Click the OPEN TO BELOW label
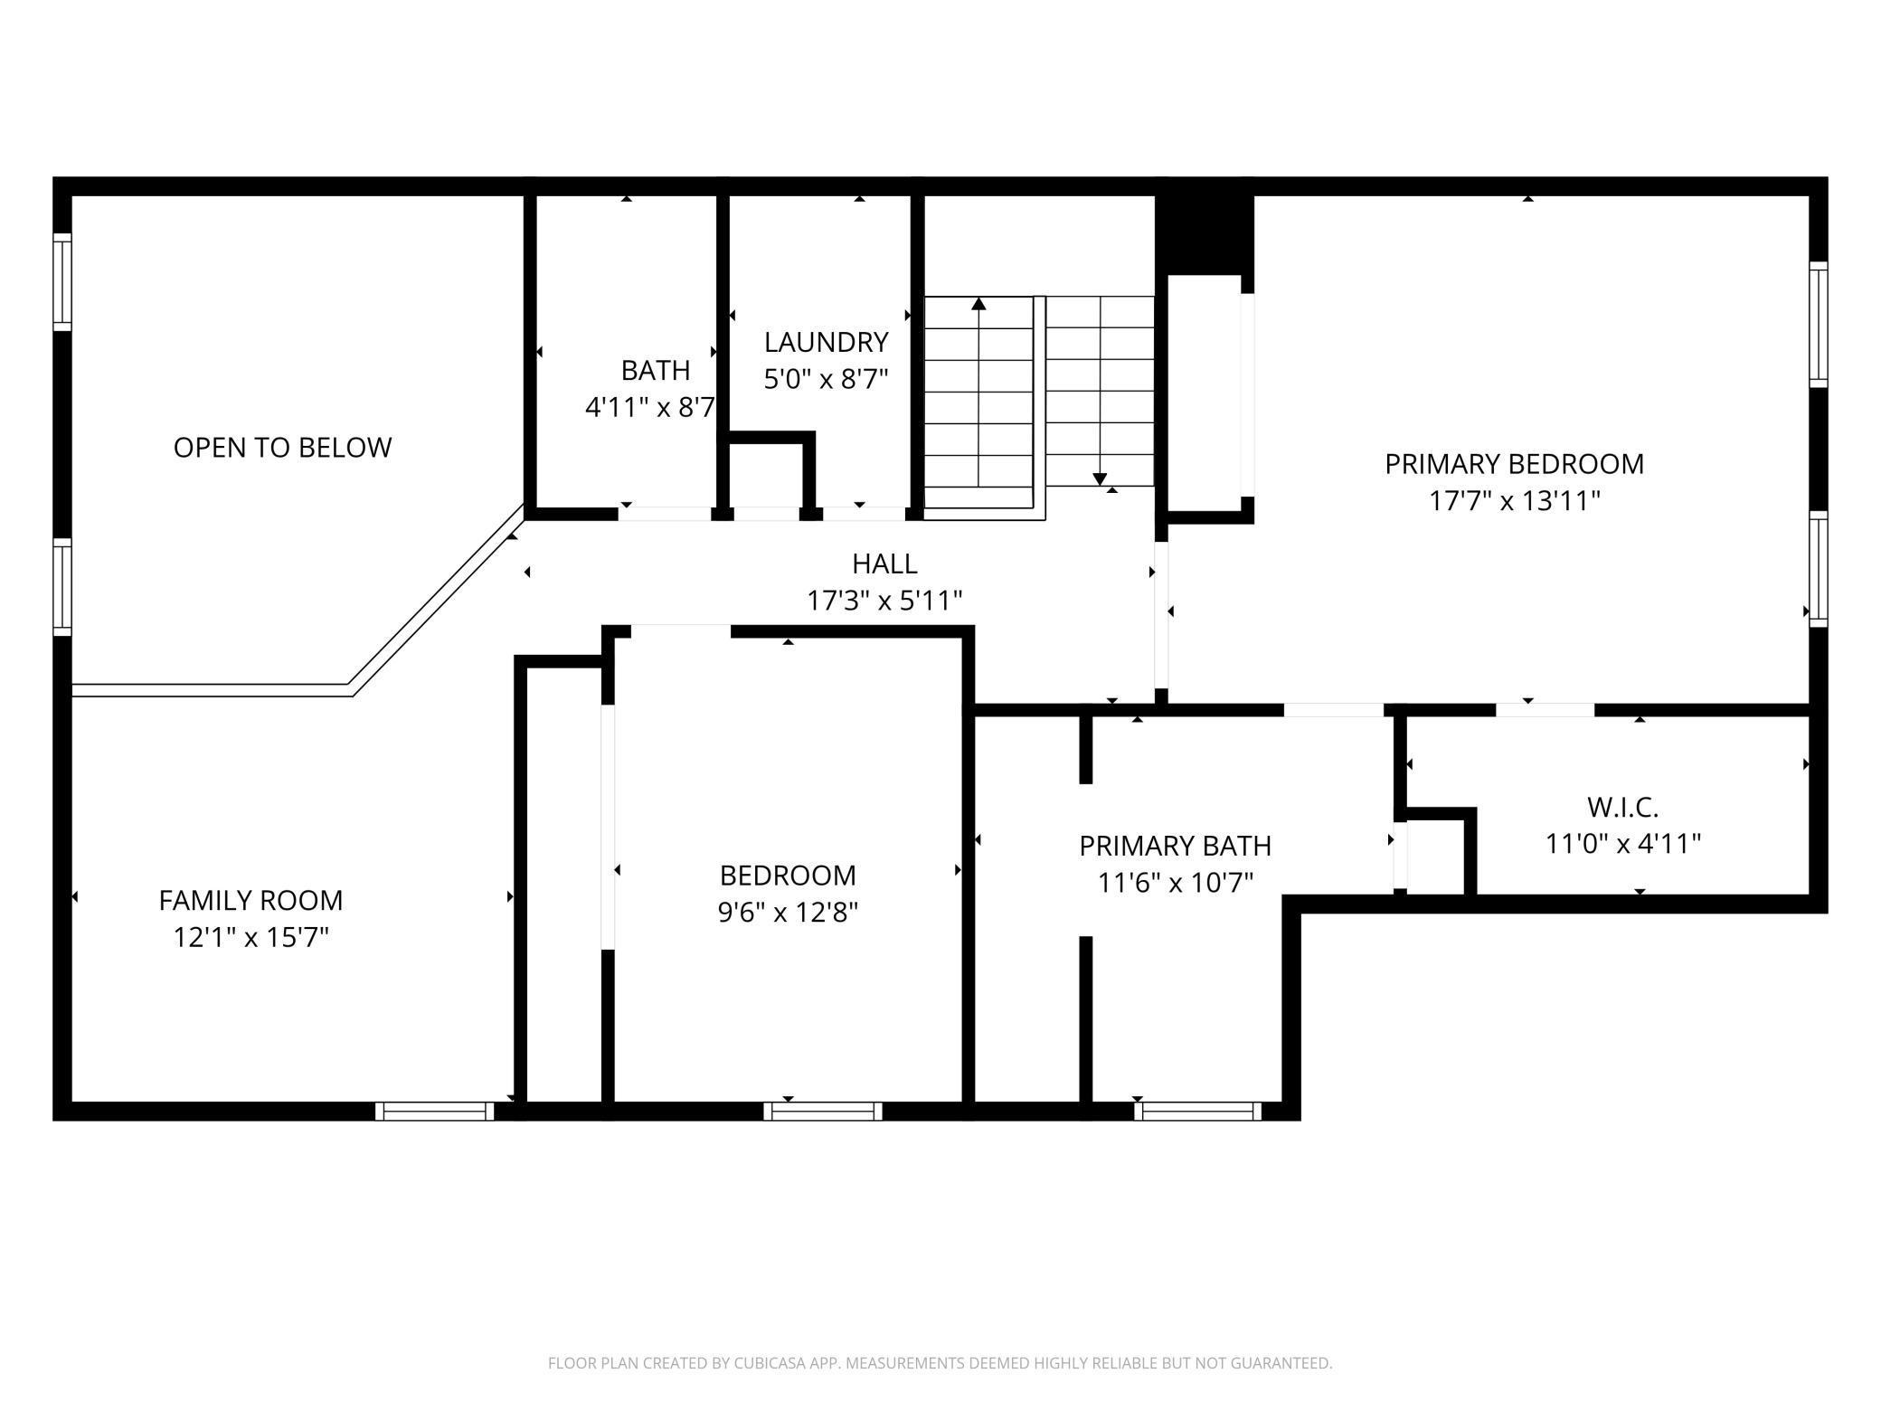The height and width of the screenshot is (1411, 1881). tap(282, 448)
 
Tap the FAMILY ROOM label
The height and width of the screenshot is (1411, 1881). tap(250, 901)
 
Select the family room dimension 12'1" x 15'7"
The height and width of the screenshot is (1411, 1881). tap(250, 938)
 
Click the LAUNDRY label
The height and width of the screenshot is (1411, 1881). tap(826, 343)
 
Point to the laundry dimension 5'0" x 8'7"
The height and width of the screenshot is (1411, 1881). tap(826, 379)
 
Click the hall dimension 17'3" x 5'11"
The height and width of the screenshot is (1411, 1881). tap(884, 601)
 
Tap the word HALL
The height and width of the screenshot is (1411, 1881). tap(884, 564)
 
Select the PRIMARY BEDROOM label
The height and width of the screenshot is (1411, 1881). tap(1514, 464)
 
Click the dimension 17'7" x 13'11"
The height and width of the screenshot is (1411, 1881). tap(1514, 501)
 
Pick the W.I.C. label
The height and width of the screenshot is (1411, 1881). tap(1622, 807)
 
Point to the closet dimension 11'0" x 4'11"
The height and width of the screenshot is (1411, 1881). tap(1622, 844)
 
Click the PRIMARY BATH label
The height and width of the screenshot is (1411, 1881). tap(1175, 847)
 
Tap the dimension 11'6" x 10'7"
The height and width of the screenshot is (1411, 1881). tap(1175, 883)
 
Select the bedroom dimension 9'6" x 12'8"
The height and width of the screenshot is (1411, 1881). tap(788, 913)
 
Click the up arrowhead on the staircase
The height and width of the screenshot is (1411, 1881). tap(978, 303)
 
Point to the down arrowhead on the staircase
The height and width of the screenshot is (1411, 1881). tap(1100, 479)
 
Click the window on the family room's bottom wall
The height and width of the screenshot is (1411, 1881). tap(435, 1111)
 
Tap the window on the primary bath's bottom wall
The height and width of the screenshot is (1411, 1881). tap(1198, 1111)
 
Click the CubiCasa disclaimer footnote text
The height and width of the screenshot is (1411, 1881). tap(940, 1363)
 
